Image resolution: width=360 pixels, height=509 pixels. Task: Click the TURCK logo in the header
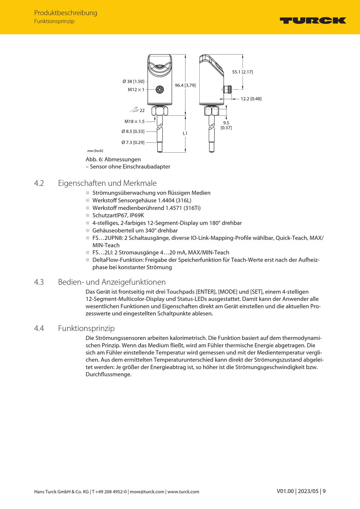pyautogui.click(x=313, y=20)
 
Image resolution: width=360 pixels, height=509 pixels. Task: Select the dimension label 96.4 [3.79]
pyautogui.click(x=185, y=85)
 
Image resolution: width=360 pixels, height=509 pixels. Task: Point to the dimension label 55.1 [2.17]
pyautogui.click(x=243, y=72)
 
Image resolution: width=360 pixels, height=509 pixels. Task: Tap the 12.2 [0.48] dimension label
pyautogui.click(x=251, y=99)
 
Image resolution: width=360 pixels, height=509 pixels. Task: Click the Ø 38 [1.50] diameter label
pyautogui.click(x=133, y=81)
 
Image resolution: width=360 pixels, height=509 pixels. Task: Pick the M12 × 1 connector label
pyautogui.click(x=136, y=90)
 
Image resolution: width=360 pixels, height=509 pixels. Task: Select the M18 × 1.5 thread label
pyautogui.click(x=135, y=122)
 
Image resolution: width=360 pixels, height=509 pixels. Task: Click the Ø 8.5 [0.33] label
pyautogui.click(x=133, y=132)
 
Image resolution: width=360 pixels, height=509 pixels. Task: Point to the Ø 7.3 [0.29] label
pyautogui.click(x=133, y=143)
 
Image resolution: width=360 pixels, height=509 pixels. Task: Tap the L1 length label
pyautogui.click(x=185, y=133)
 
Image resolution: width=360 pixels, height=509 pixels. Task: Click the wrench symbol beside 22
pyautogui.click(x=134, y=110)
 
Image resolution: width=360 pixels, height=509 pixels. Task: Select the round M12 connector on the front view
pyautogui.click(x=160, y=90)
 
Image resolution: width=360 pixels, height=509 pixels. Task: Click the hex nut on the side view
pyautogui.click(x=211, y=111)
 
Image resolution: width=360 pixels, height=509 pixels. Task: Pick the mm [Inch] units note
pyautogui.click(x=95, y=151)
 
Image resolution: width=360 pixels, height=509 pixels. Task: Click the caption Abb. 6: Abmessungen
pyautogui.click(x=113, y=160)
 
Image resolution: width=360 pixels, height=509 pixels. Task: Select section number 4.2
pyautogui.click(x=39, y=183)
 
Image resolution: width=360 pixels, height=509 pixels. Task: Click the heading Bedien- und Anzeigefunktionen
pyautogui.click(x=112, y=282)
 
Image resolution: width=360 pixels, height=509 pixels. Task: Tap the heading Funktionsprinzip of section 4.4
pyautogui.click(x=86, y=328)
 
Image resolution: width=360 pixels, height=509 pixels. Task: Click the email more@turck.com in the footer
pyautogui.click(x=147, y=492)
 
